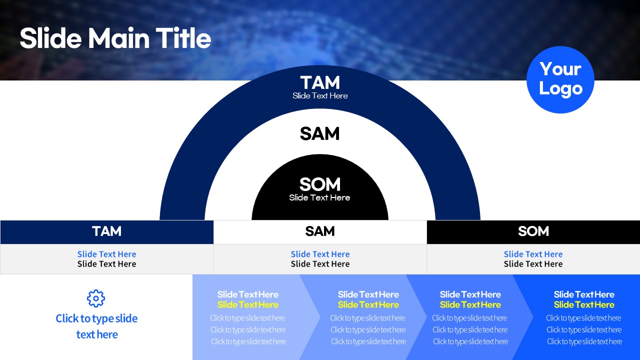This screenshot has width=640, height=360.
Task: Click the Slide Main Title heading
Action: [x=115, y=38]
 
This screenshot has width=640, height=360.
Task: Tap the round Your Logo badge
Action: [x=560, y=79]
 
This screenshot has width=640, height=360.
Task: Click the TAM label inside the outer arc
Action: [x=320, y=83]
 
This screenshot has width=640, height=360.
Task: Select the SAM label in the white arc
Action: [x=319, y=133]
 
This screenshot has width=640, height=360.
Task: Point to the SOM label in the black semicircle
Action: [x=319, y=184]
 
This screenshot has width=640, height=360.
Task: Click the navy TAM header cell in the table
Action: [x=107, y=232]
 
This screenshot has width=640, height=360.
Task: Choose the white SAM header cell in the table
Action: [x=320, y=232]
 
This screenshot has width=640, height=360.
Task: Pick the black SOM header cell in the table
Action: [x=533, y=232]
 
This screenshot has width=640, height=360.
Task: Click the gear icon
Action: [x=96, y=298]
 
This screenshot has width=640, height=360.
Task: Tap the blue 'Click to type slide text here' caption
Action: [x=96, y=326]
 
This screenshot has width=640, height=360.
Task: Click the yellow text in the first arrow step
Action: [x=247, y=305]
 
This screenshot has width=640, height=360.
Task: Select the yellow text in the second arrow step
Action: [x=368, y=305]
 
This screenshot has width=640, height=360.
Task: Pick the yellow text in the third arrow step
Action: [x=470, y=305]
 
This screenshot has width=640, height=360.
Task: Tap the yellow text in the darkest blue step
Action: [x=584, y=305]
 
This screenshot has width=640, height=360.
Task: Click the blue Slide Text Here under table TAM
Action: [x=107, y=254]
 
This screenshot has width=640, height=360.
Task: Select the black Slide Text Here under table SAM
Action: [x=320, y=264]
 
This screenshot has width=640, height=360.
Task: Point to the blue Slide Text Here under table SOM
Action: [x=533, y=254]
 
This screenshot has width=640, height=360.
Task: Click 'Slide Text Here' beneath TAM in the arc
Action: [x=320, y=95]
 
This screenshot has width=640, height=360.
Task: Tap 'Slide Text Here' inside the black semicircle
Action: [x=319, y=197]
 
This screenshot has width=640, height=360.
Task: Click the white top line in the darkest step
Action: [x=584, y=294]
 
